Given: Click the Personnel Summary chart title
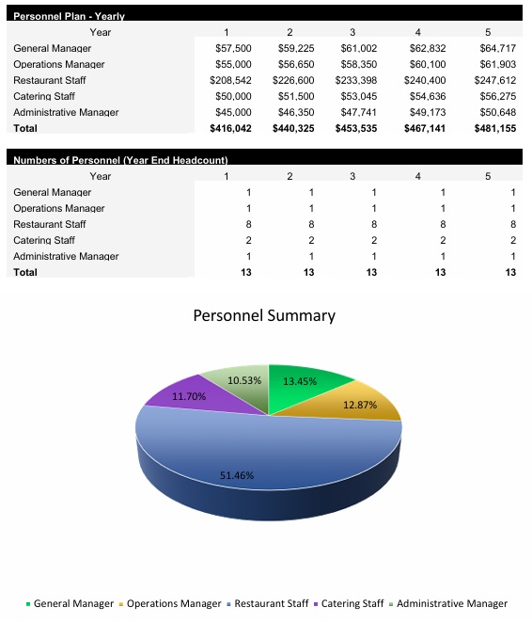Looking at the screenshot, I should [x=264, y=315].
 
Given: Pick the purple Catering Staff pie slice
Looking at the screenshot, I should [x=179, y=400].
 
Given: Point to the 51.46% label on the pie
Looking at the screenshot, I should [x=237, y=475].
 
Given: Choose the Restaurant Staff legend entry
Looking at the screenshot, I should [x=271, y=603].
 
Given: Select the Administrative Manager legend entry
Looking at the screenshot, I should [x=451, y=603].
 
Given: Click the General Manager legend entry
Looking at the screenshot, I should [x=73, y=603].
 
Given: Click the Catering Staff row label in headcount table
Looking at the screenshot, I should [x=44, y=240].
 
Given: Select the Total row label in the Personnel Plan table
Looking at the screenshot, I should [x=25, y=128].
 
